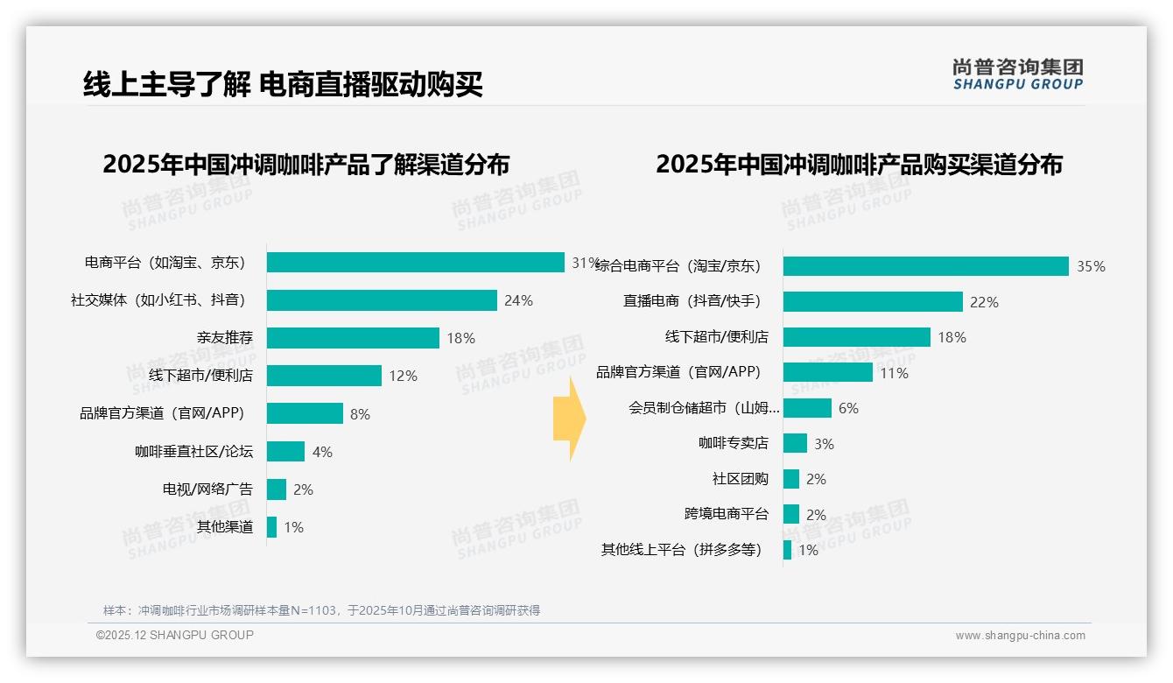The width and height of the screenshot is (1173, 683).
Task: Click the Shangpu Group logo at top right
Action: click(x=1017, y=74)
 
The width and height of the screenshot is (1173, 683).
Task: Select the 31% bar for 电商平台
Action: click(x=415, y=263)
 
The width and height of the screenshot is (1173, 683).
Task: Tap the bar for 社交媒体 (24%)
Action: click(x=382, y=300)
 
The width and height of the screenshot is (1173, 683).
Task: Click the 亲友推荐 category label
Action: click(x=224, y=338)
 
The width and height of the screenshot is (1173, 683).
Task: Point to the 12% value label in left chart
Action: click(x=403, y=377)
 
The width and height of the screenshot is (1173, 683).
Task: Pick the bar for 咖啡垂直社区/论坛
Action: click(x=285, y=452)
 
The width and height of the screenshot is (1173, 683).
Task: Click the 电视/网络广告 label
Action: click(x=207, y=489)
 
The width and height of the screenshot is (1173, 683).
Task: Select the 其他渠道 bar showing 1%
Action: click(x=271, y=527)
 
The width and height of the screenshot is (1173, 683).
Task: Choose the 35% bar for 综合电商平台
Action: click(x=925, y=266)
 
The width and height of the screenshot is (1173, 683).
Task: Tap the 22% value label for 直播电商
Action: click(x=984, y=303)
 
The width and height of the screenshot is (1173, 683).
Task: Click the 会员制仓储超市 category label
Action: click(x=704, y=408)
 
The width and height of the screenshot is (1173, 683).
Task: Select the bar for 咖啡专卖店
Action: click(x=795, y=443)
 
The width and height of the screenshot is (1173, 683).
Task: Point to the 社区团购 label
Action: click(x=740, y=479)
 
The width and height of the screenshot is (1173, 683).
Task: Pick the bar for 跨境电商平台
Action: click(x=790, y=514)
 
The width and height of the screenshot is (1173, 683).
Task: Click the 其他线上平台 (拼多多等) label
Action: click(x=681, y=550)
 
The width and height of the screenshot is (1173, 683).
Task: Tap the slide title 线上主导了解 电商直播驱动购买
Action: click(x=283, y=85)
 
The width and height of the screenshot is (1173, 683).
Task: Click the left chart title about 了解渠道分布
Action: click(x=306, y=165)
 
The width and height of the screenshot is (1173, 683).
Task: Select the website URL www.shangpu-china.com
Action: click(x=1020, y=636)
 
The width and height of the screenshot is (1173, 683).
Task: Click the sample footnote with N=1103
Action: click(x=321, y=610)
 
